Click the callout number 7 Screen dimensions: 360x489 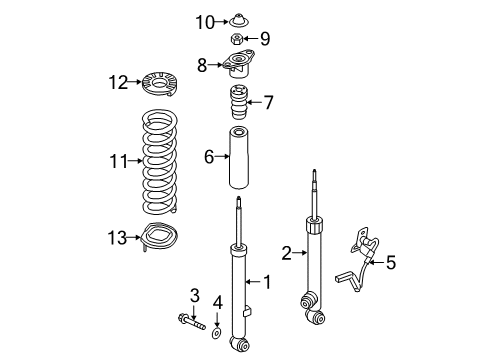(267, 102)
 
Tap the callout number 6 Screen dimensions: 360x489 (209, 156)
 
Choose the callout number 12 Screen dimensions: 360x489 (119, 82)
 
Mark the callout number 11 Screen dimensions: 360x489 (119, 160)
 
